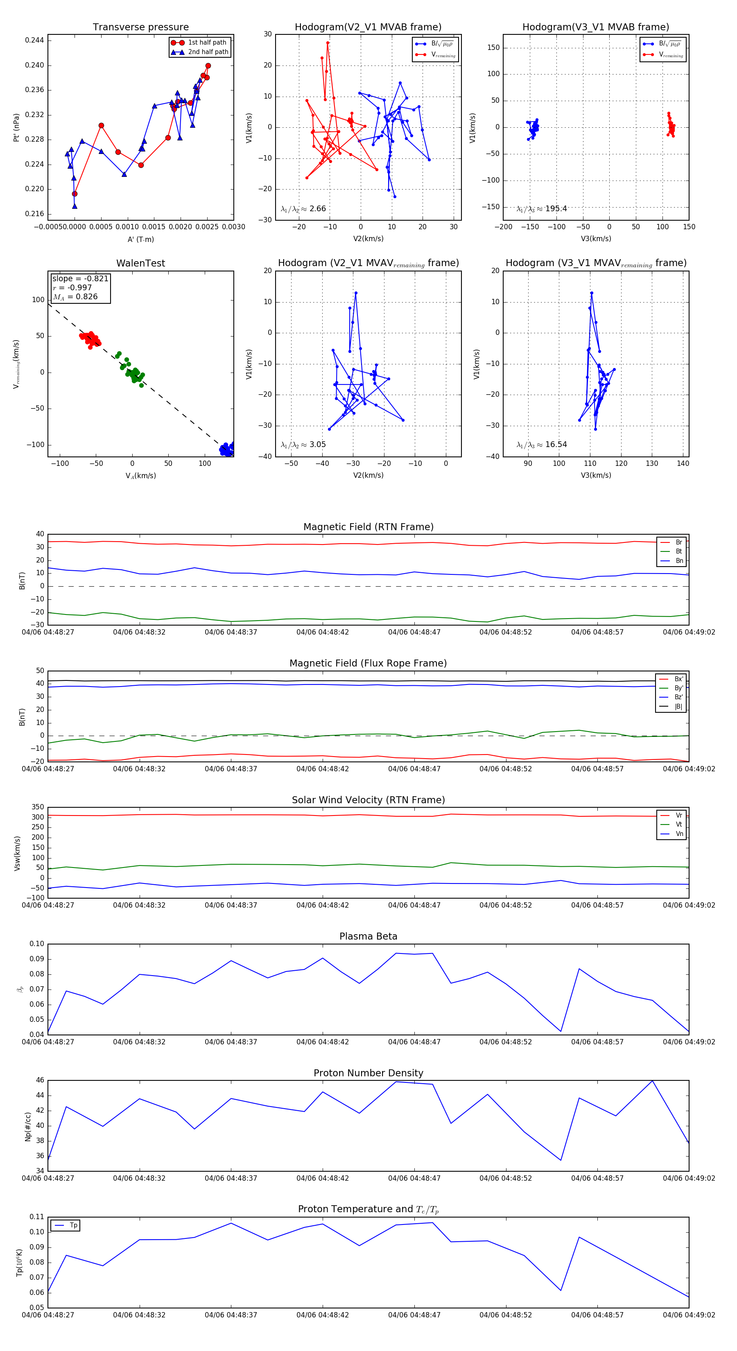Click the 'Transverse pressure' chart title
click(140, 27)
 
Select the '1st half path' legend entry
click(207, 43)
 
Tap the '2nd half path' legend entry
click(208, 52)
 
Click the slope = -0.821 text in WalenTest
click(80, 278)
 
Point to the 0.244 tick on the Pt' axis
click(35, 41)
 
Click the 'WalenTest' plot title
click(140, 263)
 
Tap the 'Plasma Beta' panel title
click(368, 936)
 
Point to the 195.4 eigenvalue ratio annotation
click(556, 209)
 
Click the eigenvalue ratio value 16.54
click(556, 445)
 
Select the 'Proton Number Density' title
click(368, 1073)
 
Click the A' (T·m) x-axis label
click(140, 239)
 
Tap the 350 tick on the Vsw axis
click(38, 807)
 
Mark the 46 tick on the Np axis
click(40, 1080)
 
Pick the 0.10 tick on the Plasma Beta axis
click(37, 944)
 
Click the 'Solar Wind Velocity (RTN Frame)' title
click(368, 800)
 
